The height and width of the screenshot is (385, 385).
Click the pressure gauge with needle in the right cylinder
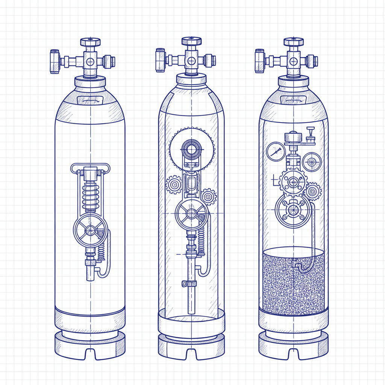coord(276,151)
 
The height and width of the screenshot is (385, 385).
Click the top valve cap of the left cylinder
coord(90,41)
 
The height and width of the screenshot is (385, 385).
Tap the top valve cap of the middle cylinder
coord(192,40)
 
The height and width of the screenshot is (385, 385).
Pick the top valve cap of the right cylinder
coord(294,41)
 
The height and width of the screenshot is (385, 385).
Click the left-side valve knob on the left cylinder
coord(55,61)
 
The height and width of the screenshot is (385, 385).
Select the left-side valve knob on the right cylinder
coord(259,61)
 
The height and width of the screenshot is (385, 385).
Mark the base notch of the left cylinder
coord(90,354)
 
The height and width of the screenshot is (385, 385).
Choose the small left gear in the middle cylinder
coord(174,185)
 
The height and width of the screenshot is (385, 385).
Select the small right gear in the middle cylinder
coord(209,196)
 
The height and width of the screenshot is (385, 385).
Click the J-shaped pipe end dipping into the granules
coord(300,267)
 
